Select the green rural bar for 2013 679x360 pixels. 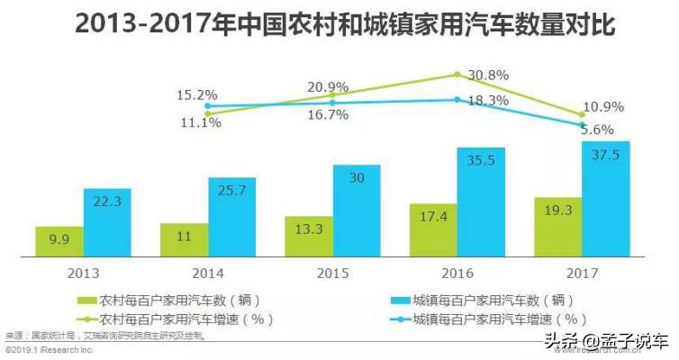click(x=59, y=241)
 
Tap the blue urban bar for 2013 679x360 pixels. click(x=107, y=222)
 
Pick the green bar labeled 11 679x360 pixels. click(x=184, y=239)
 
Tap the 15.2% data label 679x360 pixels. click(x=197, y=94)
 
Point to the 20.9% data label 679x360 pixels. click(x=328, y=87)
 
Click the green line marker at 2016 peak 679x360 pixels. click(x=457, y=75)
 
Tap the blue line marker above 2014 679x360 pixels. click(x=209, y=105)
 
